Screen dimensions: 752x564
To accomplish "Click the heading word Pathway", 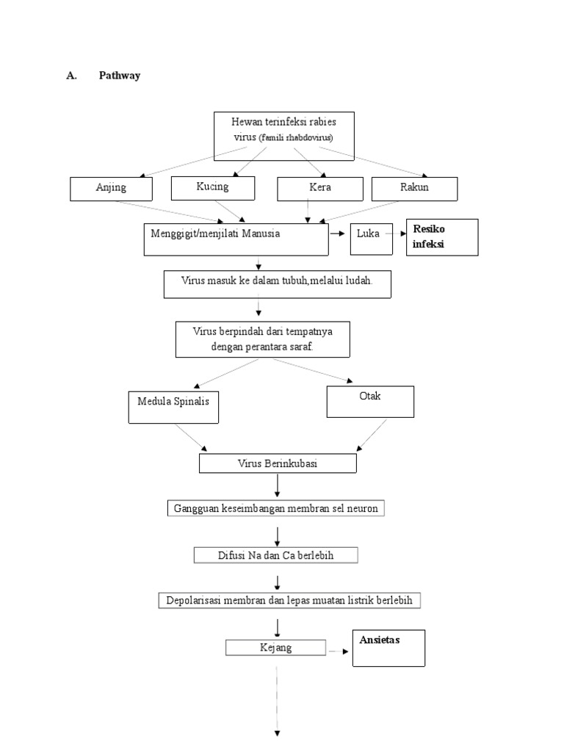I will [119, 76].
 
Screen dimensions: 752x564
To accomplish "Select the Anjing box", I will [111, 188].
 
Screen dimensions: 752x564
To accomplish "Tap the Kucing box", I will [212, 187].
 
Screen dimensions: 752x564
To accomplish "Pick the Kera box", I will [320, 188].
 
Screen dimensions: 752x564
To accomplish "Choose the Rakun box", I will [414, 188].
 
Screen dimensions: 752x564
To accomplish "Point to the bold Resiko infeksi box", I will [441, 237].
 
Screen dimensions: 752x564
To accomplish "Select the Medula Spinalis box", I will [173, 406].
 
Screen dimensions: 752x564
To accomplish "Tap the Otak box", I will [370, 401].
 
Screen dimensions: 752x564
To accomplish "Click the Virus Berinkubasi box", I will [278, 463].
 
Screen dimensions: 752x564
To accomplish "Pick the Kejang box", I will [275, 647].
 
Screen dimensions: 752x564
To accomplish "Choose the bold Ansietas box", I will [388, 647].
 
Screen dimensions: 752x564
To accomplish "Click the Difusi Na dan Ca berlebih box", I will [275, 555].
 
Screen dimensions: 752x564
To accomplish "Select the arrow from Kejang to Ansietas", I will [339, 651].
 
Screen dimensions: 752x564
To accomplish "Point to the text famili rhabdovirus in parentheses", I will [294, 137].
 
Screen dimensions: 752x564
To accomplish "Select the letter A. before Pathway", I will [71, 76].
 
